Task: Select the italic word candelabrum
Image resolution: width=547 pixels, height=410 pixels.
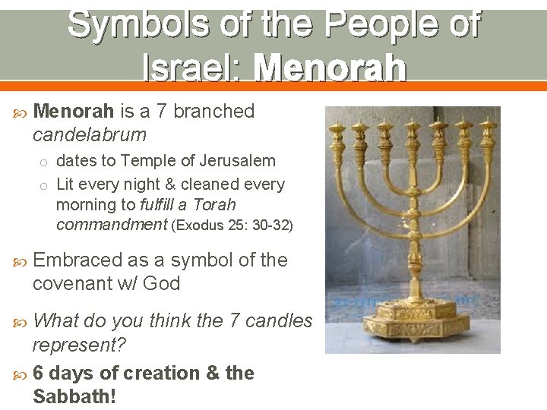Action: tap(90, 135)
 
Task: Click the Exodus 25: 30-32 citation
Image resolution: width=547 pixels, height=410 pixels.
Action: tap(232, 225)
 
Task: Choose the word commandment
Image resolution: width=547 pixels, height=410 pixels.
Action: tap(112, 225)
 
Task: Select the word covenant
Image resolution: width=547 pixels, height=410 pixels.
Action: tap(69, 284)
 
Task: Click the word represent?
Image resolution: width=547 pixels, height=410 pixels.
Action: tap(79, 345)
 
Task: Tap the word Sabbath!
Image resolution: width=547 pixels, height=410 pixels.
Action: tap(74, 396)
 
